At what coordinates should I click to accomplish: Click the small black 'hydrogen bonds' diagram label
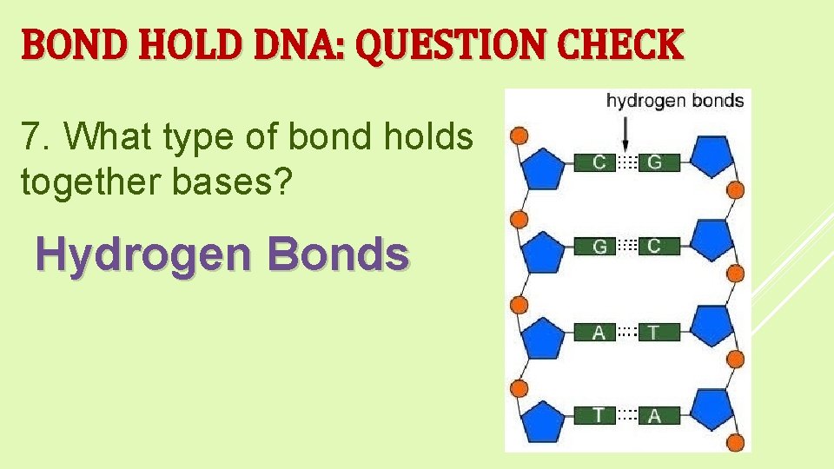pos(674,101)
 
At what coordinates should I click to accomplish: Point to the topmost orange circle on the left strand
pos(519,135)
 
